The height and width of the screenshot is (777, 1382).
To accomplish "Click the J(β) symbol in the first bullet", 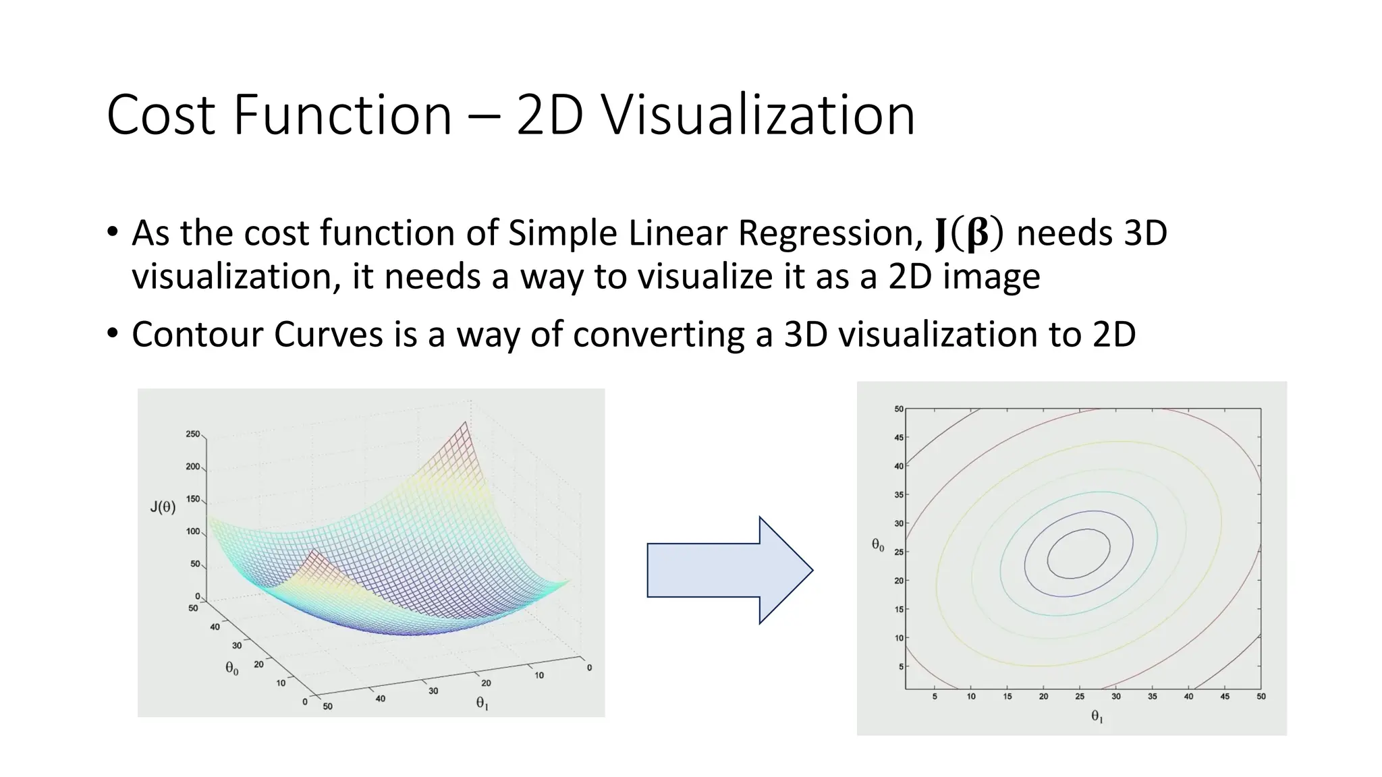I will [969, 234].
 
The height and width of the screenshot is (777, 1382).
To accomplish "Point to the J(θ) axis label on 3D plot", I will [163, 507].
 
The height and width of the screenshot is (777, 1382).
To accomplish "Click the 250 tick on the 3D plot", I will [193, 434].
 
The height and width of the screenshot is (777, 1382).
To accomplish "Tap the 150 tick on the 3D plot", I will [193, 499].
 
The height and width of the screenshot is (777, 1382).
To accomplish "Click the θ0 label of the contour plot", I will [878, 545].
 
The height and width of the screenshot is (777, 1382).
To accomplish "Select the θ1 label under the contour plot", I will [1097, 717].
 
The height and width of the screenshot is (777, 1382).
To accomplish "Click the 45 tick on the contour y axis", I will [898, 438].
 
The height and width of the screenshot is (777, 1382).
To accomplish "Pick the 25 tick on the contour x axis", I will [1080, 697].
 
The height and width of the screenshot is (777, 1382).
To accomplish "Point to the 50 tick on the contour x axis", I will [1261, 697].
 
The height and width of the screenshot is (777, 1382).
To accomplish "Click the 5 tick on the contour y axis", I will [900, 666].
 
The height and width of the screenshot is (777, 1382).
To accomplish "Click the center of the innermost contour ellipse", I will [1078, 554].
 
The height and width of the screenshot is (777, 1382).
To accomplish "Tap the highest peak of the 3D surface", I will [466, 423].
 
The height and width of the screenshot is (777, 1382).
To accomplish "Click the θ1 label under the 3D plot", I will [482, 703].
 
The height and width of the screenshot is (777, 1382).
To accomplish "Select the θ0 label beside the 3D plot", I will [231, 668].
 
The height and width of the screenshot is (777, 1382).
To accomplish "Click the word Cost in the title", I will [161, 115].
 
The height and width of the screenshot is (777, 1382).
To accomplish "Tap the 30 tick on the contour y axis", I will [898, 523].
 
